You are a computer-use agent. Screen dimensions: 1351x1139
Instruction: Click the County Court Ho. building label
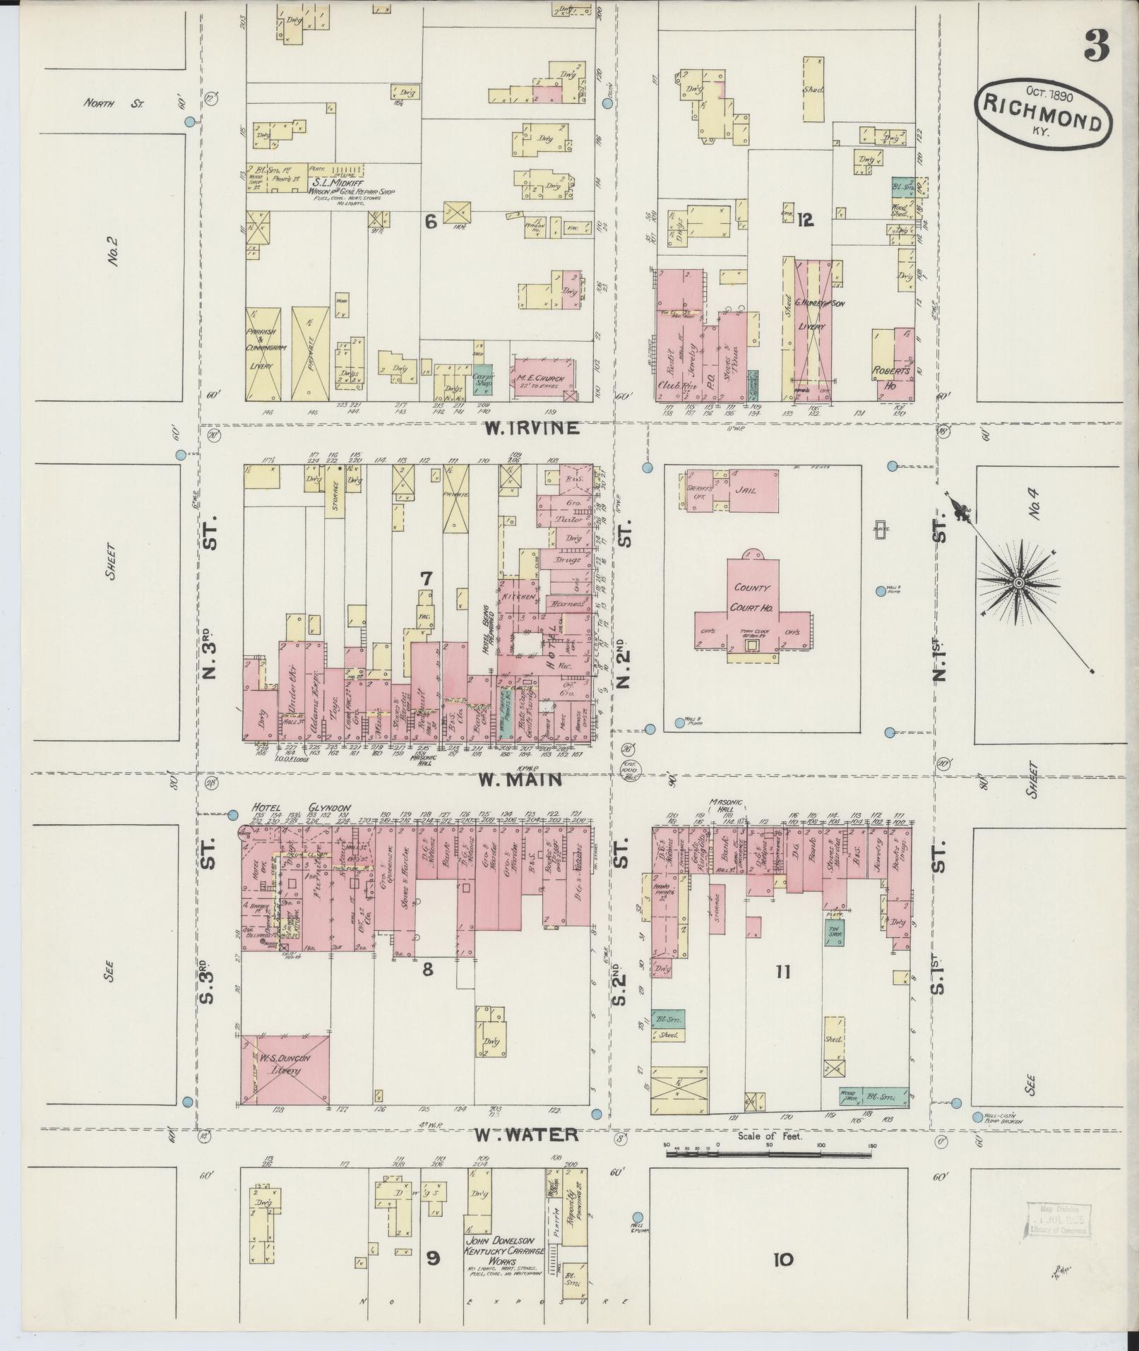[751, 597]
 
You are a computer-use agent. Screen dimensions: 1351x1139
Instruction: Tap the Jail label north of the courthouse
[745, 489]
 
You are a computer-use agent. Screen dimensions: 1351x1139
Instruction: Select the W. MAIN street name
[520, 780]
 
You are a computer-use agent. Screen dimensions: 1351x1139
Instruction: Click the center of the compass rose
[1019, 583]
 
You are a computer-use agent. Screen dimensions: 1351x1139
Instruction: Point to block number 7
[426, 578]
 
